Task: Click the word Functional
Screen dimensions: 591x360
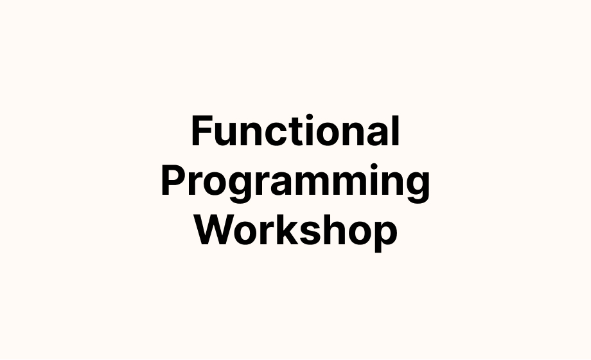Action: pyautogui.click(x=295, y=130)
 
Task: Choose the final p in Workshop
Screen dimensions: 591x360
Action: pyautogui.click(x=386, y=237)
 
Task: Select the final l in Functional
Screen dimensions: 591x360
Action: pyautogui.click(x=396, y=130)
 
